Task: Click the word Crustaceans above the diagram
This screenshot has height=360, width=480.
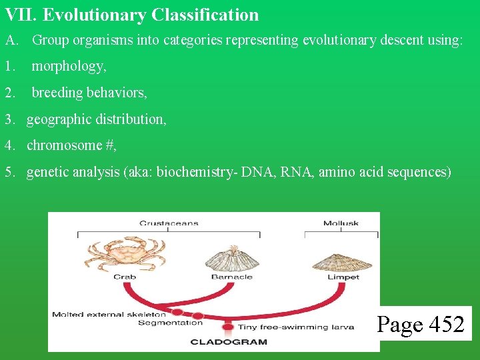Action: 169,223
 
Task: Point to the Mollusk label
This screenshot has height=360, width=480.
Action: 341,223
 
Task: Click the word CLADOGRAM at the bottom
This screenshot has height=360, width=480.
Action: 229,342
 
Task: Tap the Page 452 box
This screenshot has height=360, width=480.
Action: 421,324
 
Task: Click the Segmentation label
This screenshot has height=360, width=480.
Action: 170,323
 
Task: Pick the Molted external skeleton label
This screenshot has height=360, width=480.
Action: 109,314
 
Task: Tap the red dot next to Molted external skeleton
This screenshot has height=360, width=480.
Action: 177,311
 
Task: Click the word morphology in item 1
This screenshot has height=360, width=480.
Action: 68,66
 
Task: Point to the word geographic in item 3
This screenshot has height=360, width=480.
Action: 59,119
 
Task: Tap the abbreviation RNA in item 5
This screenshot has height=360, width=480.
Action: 293,172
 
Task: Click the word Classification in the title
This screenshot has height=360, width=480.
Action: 205,15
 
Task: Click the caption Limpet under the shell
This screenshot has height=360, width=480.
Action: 343,277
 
